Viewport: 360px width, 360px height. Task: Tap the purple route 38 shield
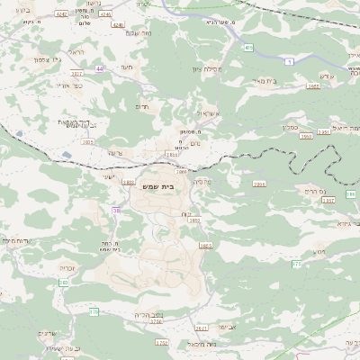(x=116, y=210)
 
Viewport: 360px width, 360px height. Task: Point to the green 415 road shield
(x=247, y=47)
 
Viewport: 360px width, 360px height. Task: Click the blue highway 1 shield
(x=289, y=60)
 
